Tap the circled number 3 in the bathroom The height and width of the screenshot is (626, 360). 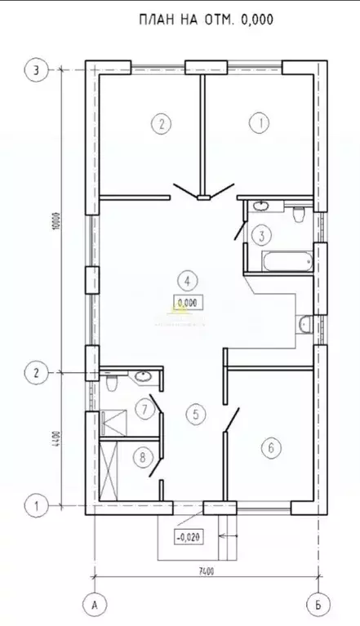260,237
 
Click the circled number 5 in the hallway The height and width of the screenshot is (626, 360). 193,414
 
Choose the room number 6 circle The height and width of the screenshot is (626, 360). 270,447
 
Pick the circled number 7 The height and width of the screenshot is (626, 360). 144,408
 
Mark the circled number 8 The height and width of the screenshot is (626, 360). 144,458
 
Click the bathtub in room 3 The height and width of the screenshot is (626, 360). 285,262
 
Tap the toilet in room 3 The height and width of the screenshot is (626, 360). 298,214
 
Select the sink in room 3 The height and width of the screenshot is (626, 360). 260,206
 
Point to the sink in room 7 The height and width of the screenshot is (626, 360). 144,376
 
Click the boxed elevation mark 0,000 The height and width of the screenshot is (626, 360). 187,302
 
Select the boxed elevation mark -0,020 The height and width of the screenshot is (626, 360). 189,537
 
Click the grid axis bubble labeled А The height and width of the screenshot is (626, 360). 96,605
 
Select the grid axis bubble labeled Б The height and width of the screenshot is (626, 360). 315,605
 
